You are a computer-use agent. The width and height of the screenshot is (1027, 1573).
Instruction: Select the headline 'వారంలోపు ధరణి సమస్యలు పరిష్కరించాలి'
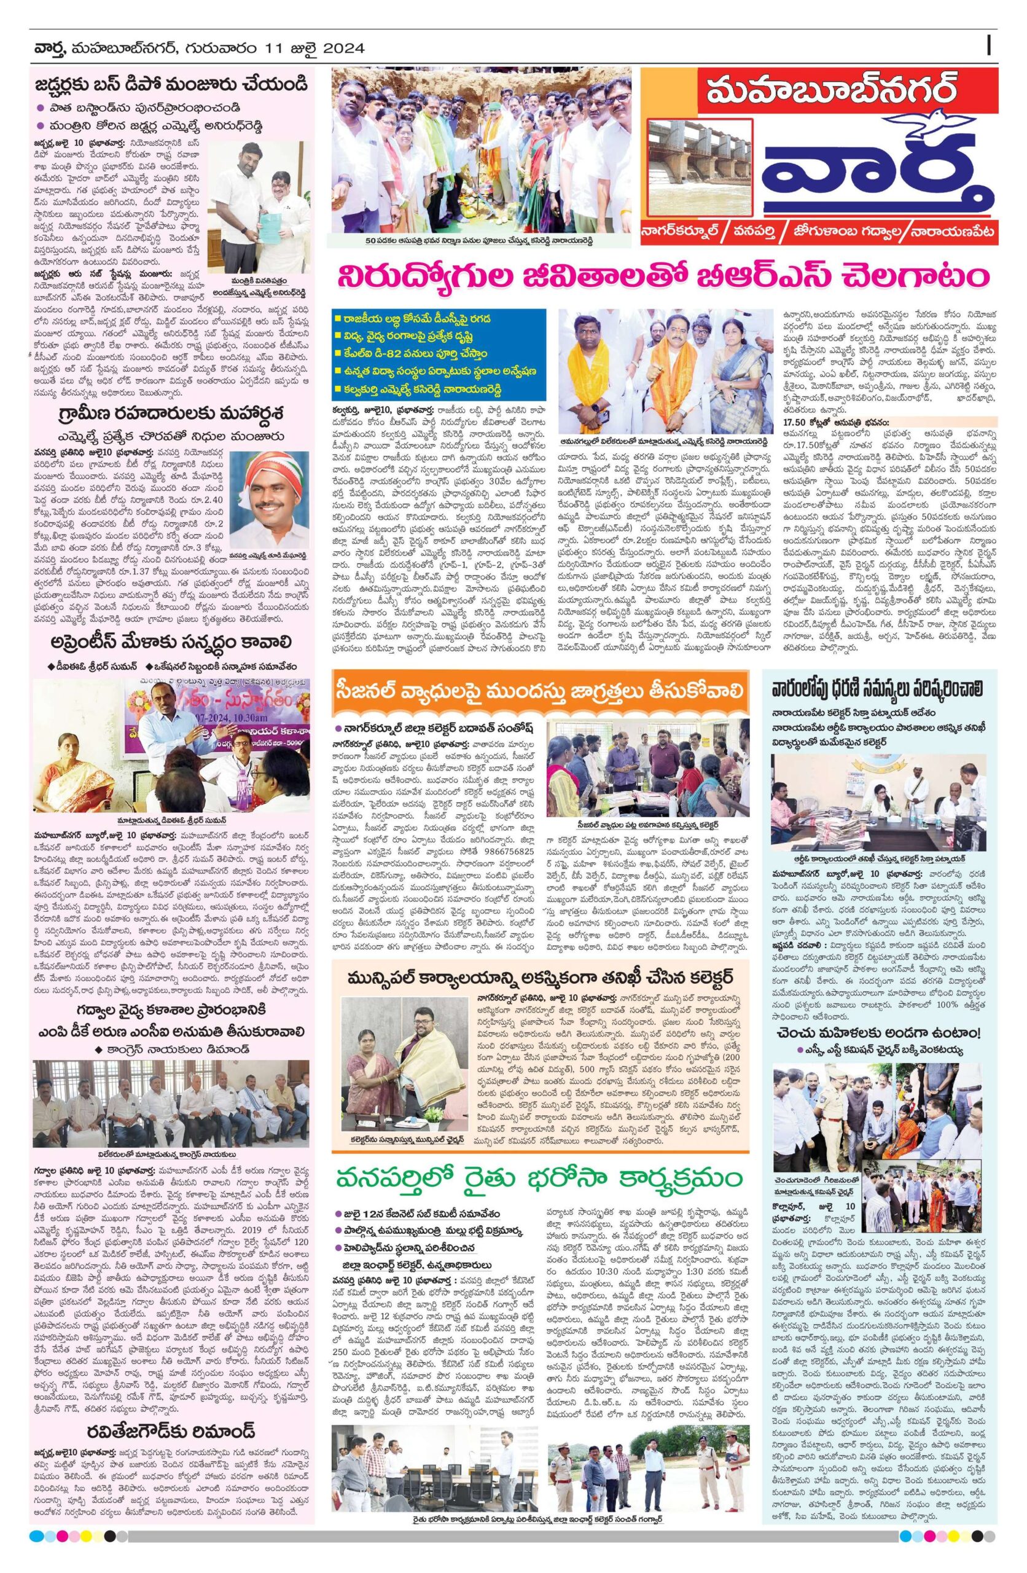[x=889, y=686]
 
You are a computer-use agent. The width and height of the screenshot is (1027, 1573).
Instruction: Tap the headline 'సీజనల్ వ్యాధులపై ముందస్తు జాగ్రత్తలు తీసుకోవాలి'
[x=539, y=691]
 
